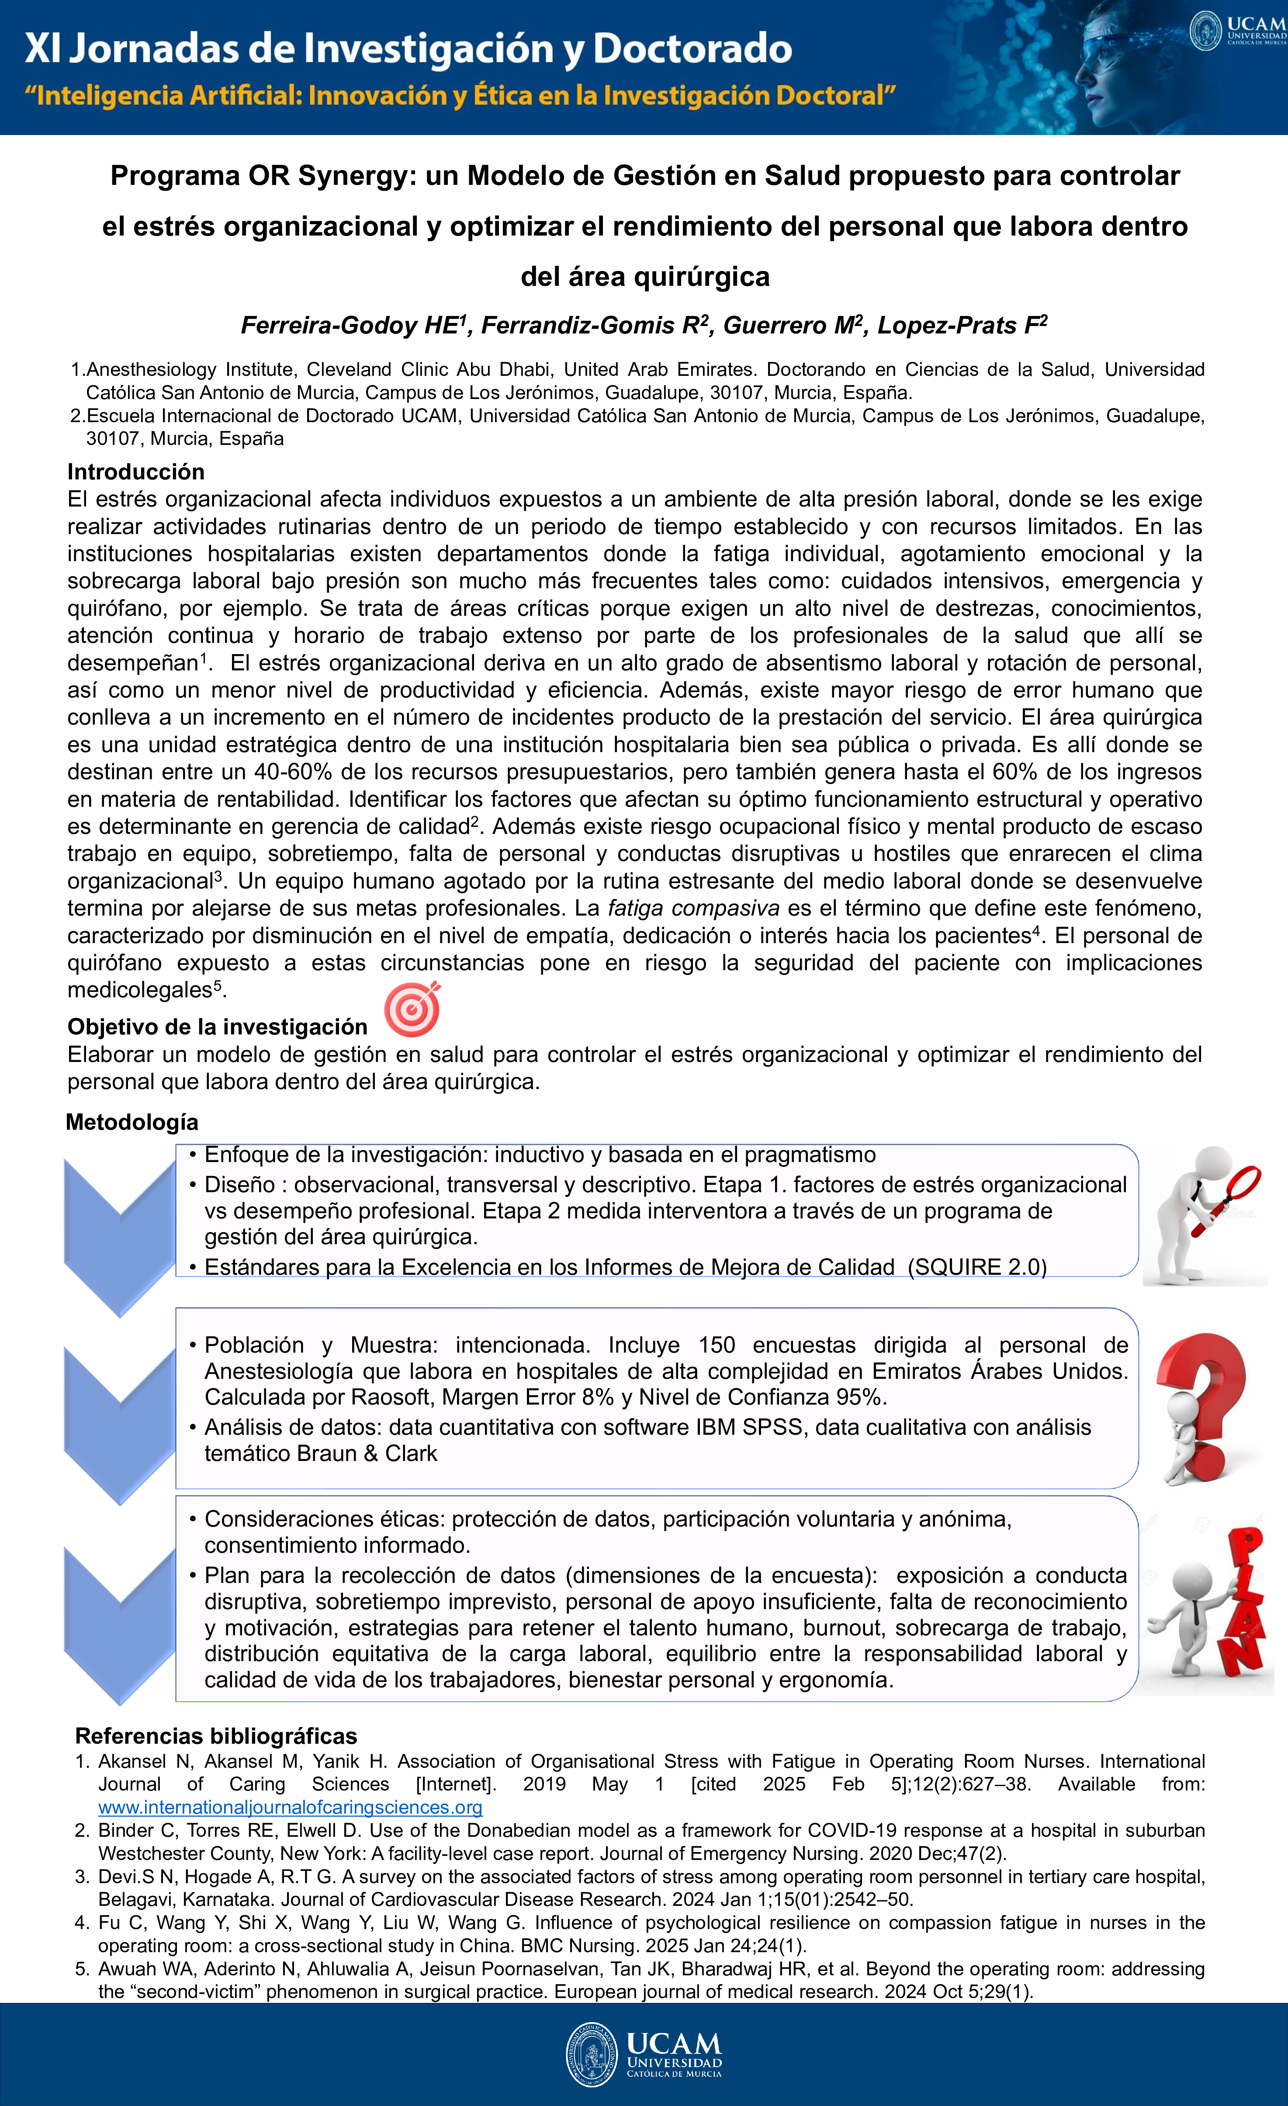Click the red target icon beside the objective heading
(x=412, y=1010)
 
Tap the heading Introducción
(x=136, y=472)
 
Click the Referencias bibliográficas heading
(x=216, y=1736)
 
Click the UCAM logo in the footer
(x=644, y=2054)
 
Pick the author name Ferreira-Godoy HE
(x=350, y=326)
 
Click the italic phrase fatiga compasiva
(x=693, y=908)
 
